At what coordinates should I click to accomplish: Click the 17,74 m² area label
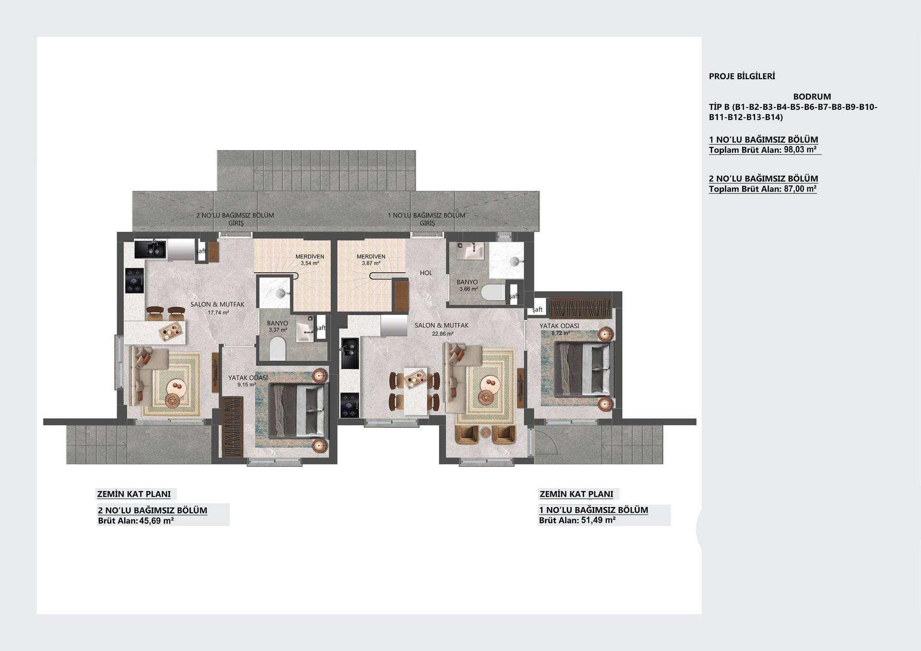tap(218, 313)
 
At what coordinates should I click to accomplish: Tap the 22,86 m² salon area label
tap(443, 334)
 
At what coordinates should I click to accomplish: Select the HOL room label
tap(426, 273)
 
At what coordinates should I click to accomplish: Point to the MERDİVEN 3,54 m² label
tap(309, 260)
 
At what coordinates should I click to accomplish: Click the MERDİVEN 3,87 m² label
tap(371, 260)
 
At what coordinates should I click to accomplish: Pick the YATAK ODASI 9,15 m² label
tap(248, 381)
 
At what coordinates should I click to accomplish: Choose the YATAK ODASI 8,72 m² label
tap(559, 329)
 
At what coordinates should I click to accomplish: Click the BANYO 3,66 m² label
tap(467, 286)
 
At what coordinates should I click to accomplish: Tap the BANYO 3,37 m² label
tap(278, 326)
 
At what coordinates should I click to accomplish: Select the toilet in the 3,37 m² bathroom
tap(277, 349)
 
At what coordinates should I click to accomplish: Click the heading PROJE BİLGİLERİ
tap(742, 76)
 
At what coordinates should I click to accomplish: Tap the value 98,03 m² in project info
tap(800, 150)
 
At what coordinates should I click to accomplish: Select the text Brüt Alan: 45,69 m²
tap(136, 520)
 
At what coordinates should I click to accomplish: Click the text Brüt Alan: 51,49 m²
tap(577, 520)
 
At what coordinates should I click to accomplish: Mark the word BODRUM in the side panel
tap(812, 96)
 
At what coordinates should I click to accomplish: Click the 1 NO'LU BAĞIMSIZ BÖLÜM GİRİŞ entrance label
tap(426, 219)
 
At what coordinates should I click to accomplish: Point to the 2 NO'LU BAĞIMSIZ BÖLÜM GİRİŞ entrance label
tap(235, 219)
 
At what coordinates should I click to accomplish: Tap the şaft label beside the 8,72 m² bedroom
tap(537, 310)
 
